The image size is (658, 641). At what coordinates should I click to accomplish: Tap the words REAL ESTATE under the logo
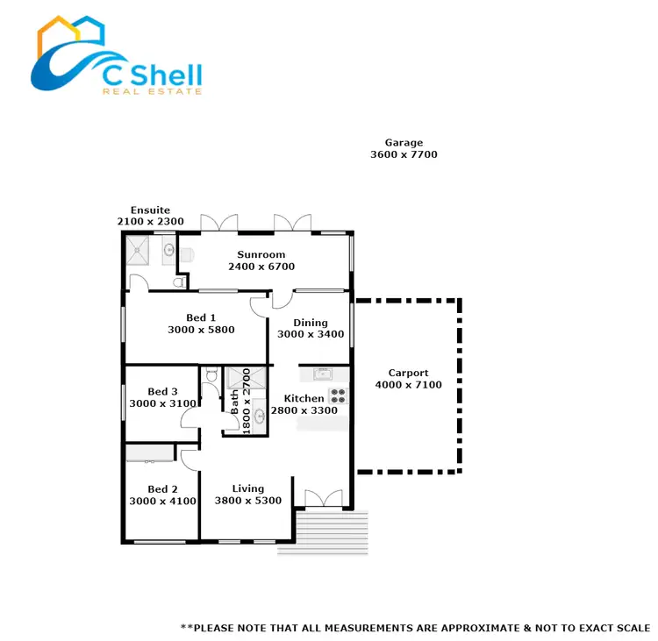pyautogui.click(x=152, y=90)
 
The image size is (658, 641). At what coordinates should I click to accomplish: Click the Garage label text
pyautogui.click(x=404, y=143)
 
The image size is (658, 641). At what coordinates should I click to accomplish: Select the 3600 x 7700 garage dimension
pyautogui.click(x=404, y=155)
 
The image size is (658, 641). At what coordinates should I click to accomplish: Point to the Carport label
pyautogui.click(x=408, y=373)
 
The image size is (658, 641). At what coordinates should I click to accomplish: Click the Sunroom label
pyautogui.click(x=261, y=255)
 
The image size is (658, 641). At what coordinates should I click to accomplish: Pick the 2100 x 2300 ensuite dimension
pyautogui.click(x=150, y=223)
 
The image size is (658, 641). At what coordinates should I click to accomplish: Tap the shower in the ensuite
pyautogui.click(x=139, y=251)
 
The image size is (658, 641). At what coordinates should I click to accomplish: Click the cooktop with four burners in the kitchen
pyautogui.click(x=339, y=395)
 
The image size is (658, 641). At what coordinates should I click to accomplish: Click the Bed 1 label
pyautogui.click(x=201, y=317)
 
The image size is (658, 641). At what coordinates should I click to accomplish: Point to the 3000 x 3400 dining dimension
pyautogui.click(x=311, y=335)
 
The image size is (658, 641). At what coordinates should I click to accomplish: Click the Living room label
pyautogui.click(x=248, y=488)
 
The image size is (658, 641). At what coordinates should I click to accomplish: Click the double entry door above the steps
pyautogui.click(x=322, y=499)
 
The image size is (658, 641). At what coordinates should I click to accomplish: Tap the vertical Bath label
pyautogui.click(x=234, y=402)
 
